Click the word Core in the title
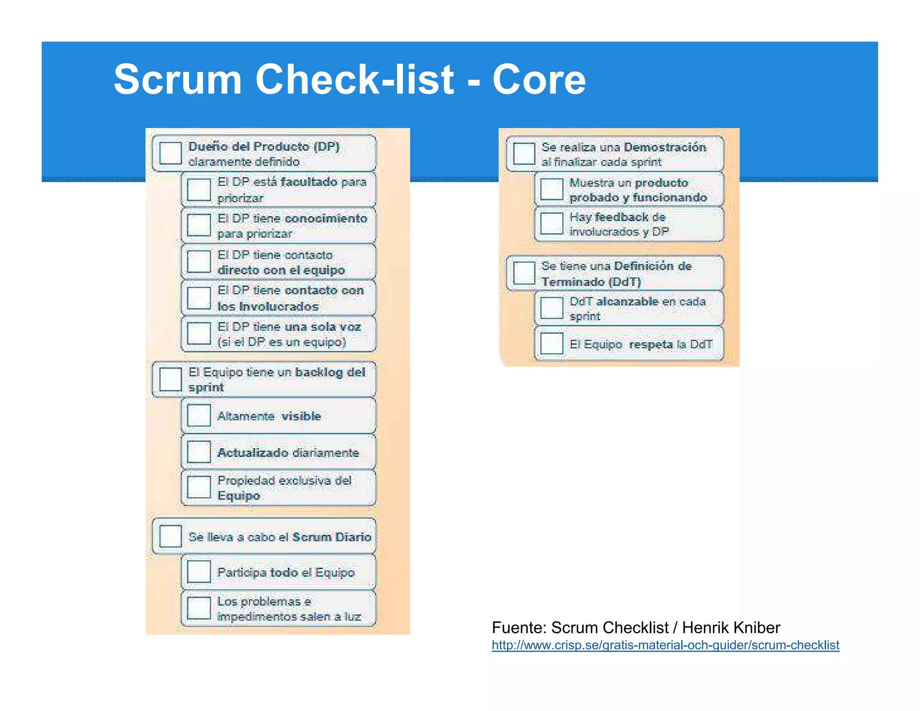[x=539, y=80]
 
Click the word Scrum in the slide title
[x=177, y=80]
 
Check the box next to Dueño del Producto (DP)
[x=171, y=153]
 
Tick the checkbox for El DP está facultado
[x=199, y=190]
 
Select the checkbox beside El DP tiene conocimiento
[x=199, y=225]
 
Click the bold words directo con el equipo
[x=281, y=270]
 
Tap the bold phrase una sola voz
[x=323, y=327]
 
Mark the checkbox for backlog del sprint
[x=171, y=379]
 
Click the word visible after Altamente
[x=301, y=416]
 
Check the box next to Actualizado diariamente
[x=199, y=452]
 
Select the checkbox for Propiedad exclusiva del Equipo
[x=199, y=488]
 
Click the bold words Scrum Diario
[x=332, y=537]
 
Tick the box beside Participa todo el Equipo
[x=199, y=572]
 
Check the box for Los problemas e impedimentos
[x=199, y=608]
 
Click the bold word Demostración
[x=665, y=147]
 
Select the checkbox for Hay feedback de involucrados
[x=552, y=223]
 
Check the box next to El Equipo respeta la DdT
[x=552, y=344]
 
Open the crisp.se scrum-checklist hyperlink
[x=665, y=645]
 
